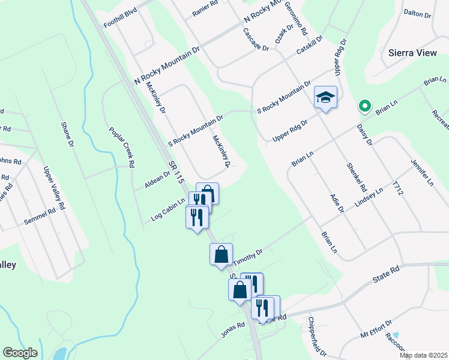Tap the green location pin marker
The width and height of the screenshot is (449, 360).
coord(364,106)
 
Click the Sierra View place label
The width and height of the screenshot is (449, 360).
coord(412,53)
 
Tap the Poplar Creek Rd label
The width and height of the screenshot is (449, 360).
coord(121,146)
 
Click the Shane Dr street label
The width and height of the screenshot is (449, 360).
coord(67,136)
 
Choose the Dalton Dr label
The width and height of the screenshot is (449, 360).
coord(418,12)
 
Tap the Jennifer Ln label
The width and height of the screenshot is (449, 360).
coord(422,172)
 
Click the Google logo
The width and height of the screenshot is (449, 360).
coord(20,353)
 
